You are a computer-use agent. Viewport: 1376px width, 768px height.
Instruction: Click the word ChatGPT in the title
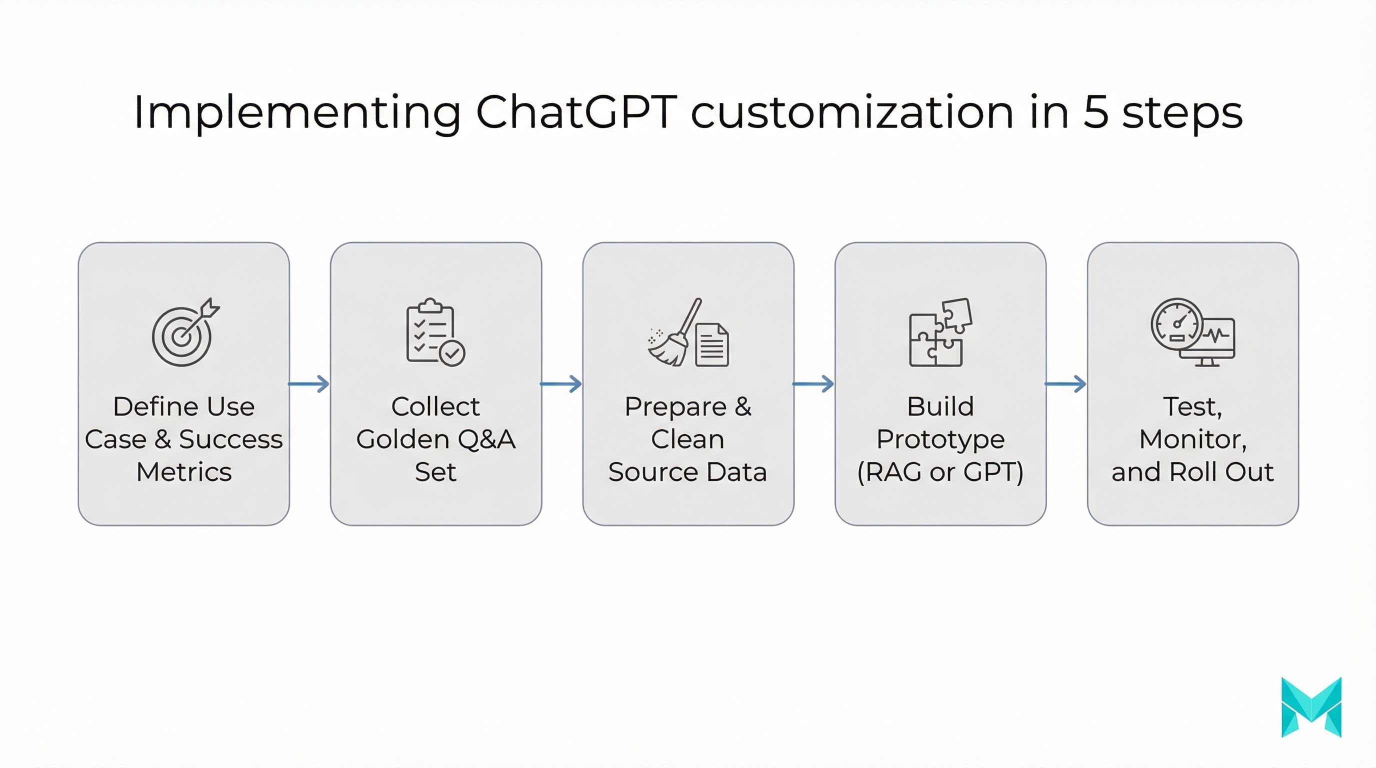[576, 112]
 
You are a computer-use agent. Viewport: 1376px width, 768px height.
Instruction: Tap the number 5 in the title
[1095, 112]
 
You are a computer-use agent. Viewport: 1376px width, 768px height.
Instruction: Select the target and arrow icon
[184, 332]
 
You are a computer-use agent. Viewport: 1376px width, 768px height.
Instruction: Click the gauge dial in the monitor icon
[1177, 323]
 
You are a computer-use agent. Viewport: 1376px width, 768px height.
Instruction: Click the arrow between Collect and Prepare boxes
[561, 383]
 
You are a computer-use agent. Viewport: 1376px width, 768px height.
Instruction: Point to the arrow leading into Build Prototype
[813, 383]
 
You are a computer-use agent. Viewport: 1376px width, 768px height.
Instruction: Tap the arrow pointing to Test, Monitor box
[1065, 383]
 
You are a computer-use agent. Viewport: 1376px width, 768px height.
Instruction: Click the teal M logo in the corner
[1311, 707]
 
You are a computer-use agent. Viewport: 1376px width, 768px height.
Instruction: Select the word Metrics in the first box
[184, 472]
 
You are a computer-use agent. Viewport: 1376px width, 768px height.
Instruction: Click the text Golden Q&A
[435, 439]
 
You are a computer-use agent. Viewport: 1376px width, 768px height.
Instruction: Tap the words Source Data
[687, 472]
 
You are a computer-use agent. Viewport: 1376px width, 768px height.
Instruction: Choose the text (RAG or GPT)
[940, 472]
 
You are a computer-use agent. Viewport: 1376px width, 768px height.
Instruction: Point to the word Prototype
[940, 439]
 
